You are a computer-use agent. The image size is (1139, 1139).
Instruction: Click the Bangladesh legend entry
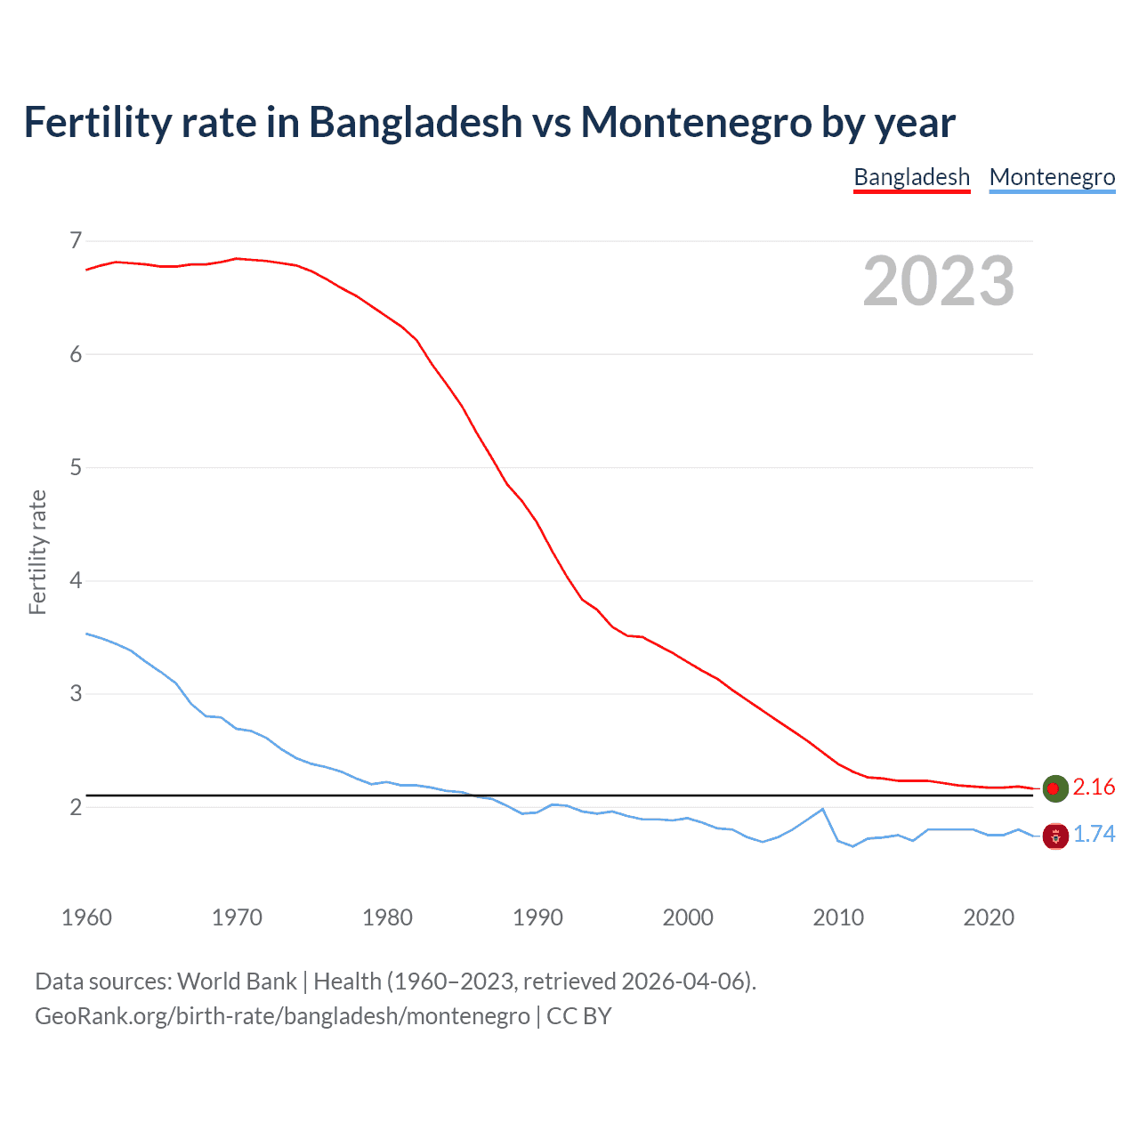coord(911,177)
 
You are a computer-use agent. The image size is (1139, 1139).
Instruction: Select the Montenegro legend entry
coord(1052,177)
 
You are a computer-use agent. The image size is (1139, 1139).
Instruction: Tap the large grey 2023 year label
coord(939,281)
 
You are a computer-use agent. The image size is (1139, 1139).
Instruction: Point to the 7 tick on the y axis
coord(76,240)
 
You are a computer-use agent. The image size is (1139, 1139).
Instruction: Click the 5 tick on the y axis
coord(76,467)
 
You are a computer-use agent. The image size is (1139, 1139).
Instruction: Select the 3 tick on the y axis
coord(76,693)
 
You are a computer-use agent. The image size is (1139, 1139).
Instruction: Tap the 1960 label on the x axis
coord(86,917)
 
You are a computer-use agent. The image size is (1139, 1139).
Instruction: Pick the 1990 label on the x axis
coord(537,917)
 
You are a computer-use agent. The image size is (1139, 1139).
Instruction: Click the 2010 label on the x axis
coord(838,917)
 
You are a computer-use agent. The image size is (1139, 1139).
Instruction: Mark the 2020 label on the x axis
coord(989,917)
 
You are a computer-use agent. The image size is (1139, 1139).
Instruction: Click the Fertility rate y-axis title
coord(37,552)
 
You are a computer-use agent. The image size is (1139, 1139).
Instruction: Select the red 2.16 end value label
coord(1094,787)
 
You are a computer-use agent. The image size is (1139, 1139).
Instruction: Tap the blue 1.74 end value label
coord(1094,834)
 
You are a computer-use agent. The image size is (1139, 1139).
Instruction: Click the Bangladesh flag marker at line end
coord(1054,788)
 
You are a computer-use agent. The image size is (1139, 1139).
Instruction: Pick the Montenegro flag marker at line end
coord(1054,836)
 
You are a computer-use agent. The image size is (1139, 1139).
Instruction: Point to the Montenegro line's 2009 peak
coord(823,809)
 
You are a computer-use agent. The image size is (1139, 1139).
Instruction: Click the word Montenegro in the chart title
coord(696,122)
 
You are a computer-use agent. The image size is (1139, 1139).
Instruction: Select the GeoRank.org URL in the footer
coord(282,1016)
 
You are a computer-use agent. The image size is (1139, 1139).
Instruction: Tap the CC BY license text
coord(579,1016)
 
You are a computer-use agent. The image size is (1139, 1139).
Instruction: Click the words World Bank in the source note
coord(237,981)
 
